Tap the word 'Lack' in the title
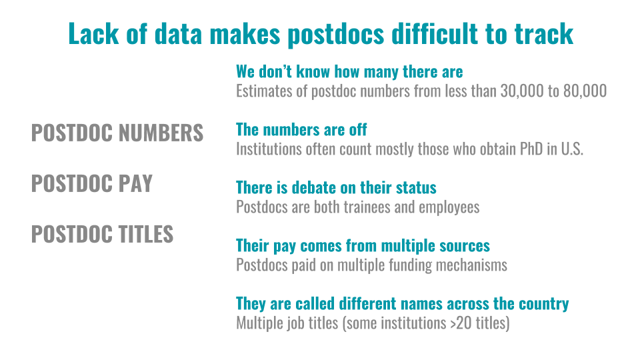tap(93, 33)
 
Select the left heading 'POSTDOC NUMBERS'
tap(117, 133)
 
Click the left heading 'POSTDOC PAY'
tap(92, 183)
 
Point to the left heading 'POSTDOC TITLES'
tap(103, 234)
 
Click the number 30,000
tap(524, 91)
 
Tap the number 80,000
tap(585, 91)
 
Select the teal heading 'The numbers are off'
tap(301, 130)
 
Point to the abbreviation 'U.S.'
tap(572, 149)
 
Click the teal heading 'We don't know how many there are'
tap(349, 72)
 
